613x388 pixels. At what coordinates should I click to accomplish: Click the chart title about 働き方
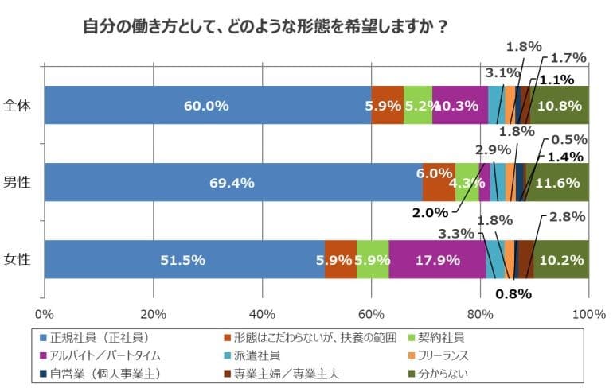point(264,26)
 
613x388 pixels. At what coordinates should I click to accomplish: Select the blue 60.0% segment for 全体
point(207,105)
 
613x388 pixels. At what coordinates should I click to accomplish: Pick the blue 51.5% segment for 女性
point(184,259)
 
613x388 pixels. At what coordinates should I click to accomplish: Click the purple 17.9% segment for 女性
point(437,259)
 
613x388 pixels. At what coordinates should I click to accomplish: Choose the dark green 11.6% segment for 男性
point(558,182)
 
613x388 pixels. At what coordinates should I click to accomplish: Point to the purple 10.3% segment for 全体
point(459,105)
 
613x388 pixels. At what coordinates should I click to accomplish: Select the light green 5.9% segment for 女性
point(372,259)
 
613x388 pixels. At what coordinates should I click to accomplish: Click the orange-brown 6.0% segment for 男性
point(439,182)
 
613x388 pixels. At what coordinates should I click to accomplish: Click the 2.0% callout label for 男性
point(430,212)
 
